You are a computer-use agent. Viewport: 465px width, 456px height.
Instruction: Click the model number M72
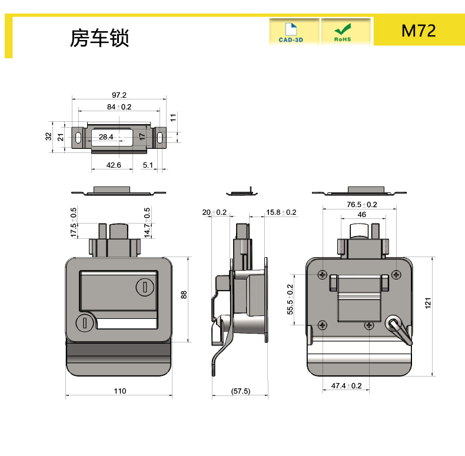pos(418,31)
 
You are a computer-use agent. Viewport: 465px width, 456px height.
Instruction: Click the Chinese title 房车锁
pos(99,38)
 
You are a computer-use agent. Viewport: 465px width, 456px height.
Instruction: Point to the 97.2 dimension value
pos(119,95)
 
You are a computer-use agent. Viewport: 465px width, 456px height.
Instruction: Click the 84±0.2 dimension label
pos(119,106)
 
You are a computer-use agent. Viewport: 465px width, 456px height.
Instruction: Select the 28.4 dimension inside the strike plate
pos(106,137)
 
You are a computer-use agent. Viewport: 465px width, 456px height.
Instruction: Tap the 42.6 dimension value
pos(114,165)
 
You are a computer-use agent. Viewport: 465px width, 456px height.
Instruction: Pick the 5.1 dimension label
pos(148,165)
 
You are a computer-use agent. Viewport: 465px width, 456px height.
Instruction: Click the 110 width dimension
pos(119,391)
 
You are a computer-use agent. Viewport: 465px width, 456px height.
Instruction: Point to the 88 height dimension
pos(184,295)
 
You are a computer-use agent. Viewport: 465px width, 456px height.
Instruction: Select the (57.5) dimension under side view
pos(240,391)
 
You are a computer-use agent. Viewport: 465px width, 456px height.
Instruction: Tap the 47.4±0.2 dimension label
pos(346,386)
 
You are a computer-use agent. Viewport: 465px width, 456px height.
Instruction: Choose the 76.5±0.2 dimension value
pos(361,205)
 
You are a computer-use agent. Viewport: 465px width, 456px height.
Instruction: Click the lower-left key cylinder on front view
pos(85,323)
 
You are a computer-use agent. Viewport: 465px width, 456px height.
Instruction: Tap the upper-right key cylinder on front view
pos(145,287)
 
